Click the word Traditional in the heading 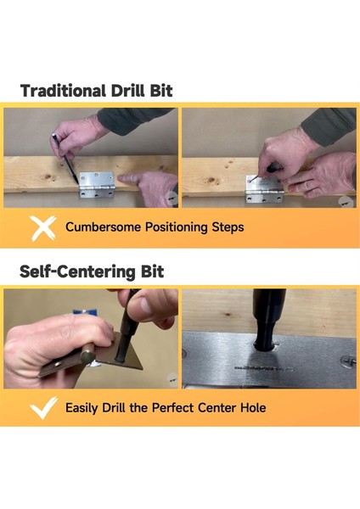point(63,91)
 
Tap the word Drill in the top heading point(128,91)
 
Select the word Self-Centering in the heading point(77,271)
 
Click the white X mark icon point(42,228)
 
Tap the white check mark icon point(43,407)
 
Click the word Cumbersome point(104,227)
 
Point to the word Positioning point(176,227)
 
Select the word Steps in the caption point(228,227)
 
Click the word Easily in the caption point(82,408)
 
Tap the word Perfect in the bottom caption point(172,407)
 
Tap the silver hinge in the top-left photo point(97,184)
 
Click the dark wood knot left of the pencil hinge point(48,177)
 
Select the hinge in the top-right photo point(264,190)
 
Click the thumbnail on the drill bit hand point(145,305)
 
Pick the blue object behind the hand point(85,313)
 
